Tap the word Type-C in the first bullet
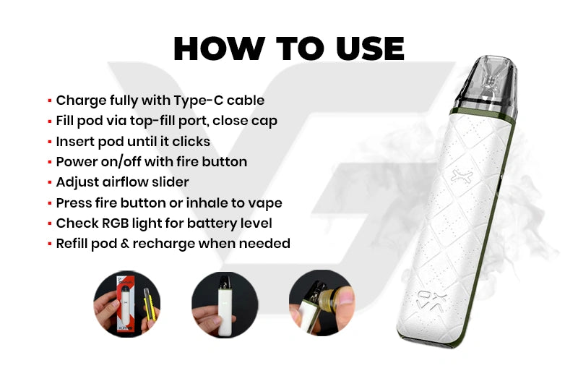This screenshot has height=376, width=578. click(x=198, y=101)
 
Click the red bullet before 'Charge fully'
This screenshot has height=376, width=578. click(x=49, y=101)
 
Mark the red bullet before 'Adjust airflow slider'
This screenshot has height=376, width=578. click(x=49, y=182)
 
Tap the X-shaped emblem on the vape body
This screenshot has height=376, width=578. click(x=462, y=176)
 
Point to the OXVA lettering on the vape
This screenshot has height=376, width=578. click(x=431, y=301)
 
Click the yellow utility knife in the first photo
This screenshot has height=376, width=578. click(x=150, y=304)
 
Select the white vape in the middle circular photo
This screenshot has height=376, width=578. click(x=225, y=306)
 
